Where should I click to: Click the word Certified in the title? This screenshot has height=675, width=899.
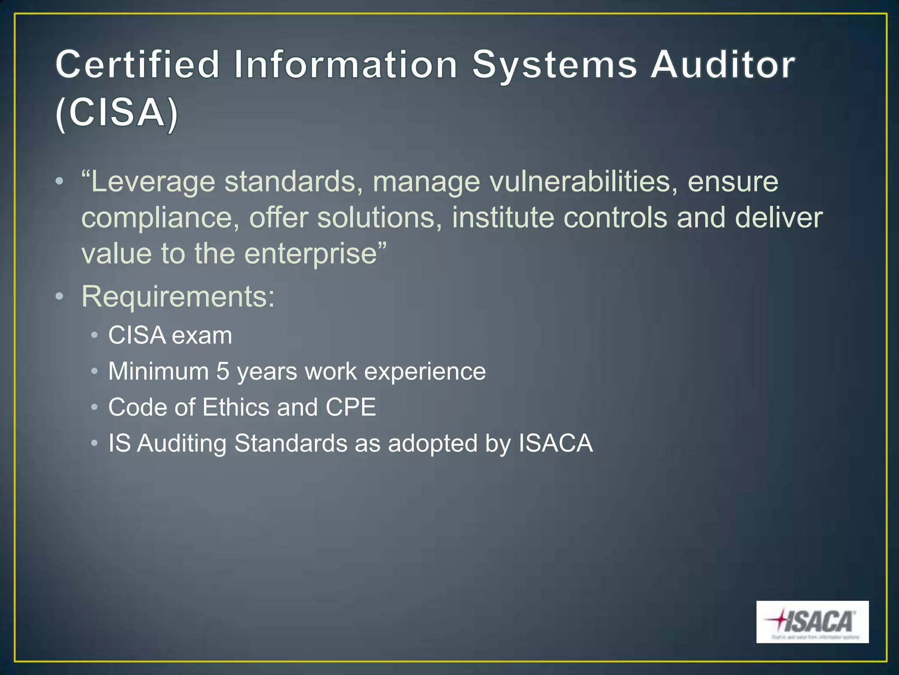pos(137,65)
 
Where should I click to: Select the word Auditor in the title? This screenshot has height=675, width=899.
pos(723,65)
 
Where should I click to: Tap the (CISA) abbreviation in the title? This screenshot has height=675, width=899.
pos(117,113)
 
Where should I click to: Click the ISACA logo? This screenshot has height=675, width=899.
pos(812,621)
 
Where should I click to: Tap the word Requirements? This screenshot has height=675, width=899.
pos(178,297)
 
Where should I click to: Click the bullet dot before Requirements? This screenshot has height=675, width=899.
pos(60,297)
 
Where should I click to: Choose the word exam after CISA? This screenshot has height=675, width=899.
pos(201,336)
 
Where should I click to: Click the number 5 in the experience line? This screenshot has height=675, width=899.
pos(223,371)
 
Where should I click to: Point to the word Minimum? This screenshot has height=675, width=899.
pos(158,371)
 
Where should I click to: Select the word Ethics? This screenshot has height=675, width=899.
pos(236,407)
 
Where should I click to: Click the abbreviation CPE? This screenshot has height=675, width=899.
pos(351,407)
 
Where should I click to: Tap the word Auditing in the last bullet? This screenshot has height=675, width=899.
pos(182,443)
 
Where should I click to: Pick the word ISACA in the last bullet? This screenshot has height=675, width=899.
pos(555,443)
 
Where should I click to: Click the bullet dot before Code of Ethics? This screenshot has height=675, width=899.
pos(94,407)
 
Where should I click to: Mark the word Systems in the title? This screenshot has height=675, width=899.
pos(554,65)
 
